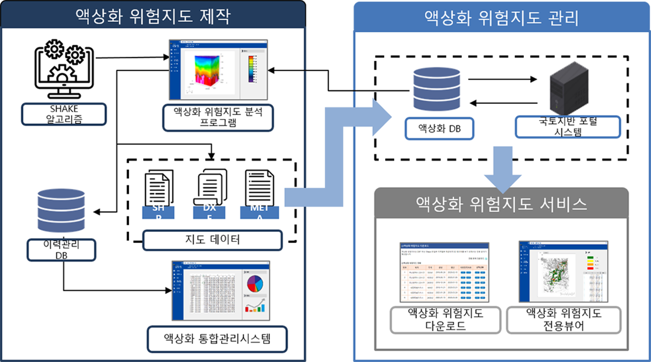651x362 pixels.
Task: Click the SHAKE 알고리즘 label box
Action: click(65, 114)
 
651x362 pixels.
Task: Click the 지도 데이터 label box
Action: click(212, 239)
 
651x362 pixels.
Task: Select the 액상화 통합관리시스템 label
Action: click(218, 338)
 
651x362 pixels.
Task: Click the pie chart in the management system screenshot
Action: click(253, 285)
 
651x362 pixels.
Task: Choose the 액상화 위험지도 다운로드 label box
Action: click(445, 320)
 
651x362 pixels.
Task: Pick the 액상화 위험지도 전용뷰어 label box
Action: click(564, 320)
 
